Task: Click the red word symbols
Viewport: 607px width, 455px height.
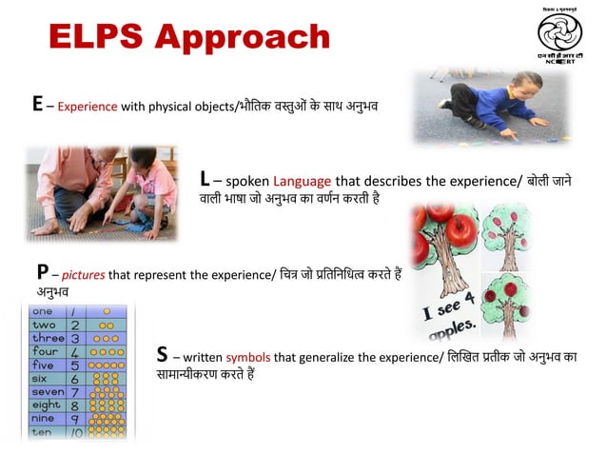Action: pos(248,358)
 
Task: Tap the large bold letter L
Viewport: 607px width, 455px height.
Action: pos(206,179)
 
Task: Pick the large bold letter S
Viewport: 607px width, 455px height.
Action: pos(163,355)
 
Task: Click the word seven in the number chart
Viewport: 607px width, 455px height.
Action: pos(48,391)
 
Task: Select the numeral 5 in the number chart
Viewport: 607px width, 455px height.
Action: pos(73,365)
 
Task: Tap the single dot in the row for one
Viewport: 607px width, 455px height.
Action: pos(108,311)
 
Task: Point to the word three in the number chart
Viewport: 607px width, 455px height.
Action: pos(48,338)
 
